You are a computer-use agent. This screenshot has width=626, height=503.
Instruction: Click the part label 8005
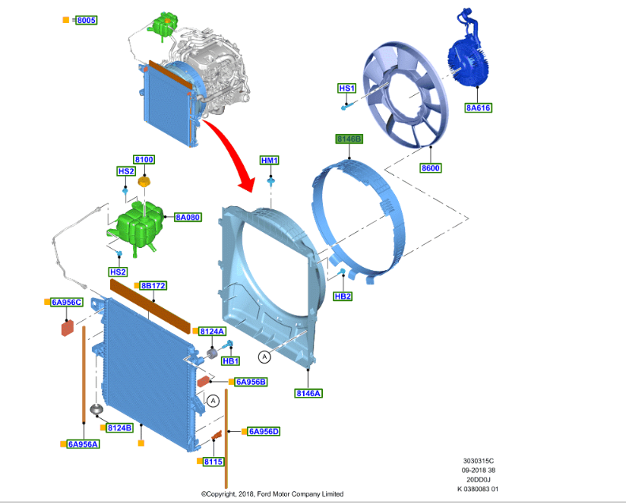point(85,19)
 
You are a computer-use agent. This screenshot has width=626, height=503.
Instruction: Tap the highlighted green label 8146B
point(349,139)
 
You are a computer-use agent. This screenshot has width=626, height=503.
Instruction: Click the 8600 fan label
point(431,168)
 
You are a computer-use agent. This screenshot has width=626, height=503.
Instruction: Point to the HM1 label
point(270,161)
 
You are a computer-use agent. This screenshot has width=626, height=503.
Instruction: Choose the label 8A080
point(188,216)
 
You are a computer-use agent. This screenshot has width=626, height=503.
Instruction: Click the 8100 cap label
point(144,160)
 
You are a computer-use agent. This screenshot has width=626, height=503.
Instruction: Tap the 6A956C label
point(66,302)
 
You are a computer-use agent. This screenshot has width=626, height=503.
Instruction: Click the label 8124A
point(212,331)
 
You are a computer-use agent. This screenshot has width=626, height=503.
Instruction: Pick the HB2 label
point(343,296)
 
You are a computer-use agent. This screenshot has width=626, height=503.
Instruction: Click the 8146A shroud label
point(309,393)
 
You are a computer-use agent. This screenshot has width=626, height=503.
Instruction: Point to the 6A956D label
point(264,432)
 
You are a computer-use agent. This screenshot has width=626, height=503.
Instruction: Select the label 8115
point(213,461)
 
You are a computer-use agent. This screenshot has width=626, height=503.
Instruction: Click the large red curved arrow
point(230,147)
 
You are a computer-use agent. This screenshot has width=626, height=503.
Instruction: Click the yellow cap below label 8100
point(143,184)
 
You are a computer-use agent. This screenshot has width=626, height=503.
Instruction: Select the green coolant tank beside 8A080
point(138,225)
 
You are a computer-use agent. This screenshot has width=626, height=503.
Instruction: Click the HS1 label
point(347,88)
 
